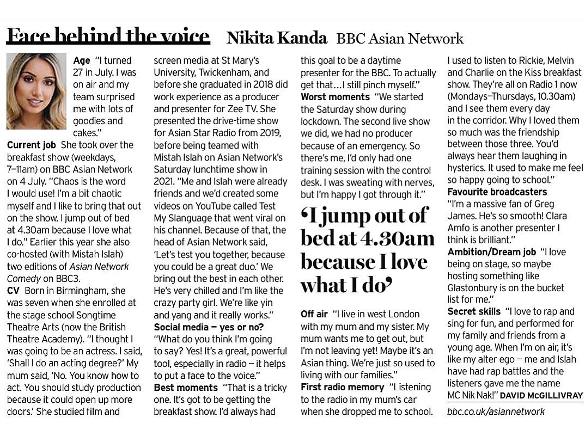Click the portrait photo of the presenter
[36, 91]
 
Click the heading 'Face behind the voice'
[108, 36]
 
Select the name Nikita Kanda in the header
[277, 39]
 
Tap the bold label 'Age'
[82, 60]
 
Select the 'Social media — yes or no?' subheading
[209, 327]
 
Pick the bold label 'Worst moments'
[335, 97]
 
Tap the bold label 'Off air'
[314, 314]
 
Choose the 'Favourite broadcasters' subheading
[497, 192]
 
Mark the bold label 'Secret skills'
[474, 311]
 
